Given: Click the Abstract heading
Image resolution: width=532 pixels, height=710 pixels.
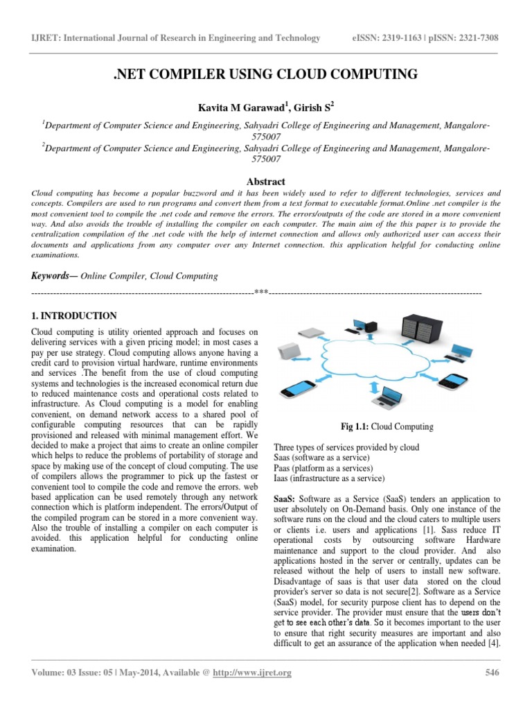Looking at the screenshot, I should click(x=266, y=181).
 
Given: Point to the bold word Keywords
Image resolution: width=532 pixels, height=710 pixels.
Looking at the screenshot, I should click(x=53, y=275).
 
